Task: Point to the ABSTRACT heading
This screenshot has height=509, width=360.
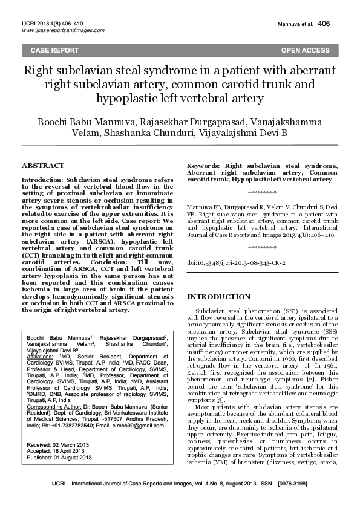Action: [x=42, y=165]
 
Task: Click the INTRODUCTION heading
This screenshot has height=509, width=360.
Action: [x=219, y=297]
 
